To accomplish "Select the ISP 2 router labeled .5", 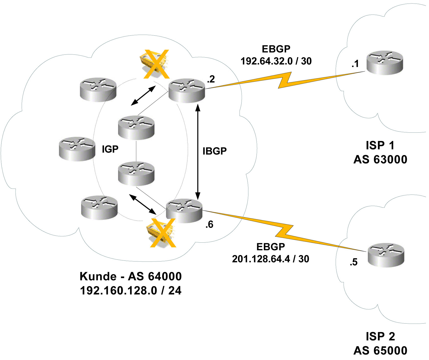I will click(386, 255).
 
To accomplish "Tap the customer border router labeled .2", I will click(187, 90).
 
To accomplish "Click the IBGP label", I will click(214, 151).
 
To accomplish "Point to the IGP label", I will click(110, 149).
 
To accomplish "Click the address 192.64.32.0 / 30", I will click(276, 61).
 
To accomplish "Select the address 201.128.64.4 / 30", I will click(270, 259).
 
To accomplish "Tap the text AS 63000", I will click(380, 160).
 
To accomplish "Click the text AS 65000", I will click(380, 351).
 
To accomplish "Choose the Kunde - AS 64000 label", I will click(131, 276).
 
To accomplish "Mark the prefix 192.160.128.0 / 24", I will click(131, 290).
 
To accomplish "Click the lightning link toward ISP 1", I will click(284, 80).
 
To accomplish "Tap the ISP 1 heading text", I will click(380, 145).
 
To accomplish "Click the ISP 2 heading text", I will click(380, 336).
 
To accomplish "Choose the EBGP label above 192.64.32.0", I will click(276, 49).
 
